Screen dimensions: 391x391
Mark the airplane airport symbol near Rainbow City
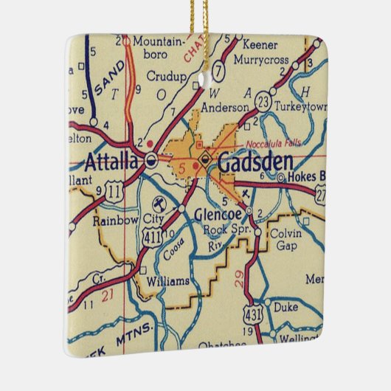point(157,204)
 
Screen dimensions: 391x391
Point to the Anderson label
point(225,107)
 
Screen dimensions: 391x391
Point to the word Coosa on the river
point(173,249)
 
